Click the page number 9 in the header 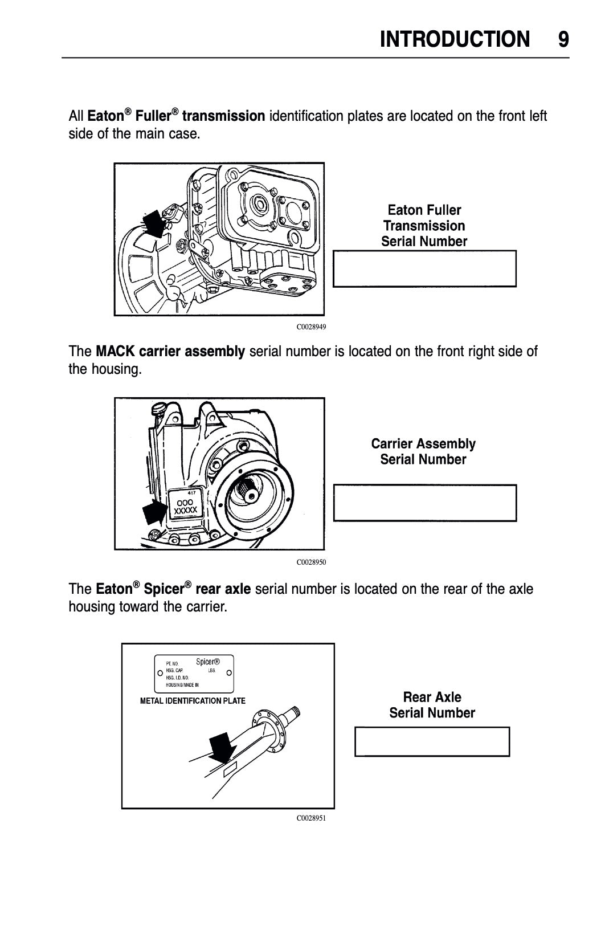point(563,39)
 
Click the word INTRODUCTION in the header point(454,39)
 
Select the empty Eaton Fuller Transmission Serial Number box point(424,268)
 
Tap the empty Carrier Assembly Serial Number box point(424,503)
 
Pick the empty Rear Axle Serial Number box point(432,741)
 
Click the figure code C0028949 point(311,327)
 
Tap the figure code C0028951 point(311,818)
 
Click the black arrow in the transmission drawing point(153,224)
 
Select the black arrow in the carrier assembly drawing point(154,512)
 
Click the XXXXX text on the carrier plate point(186,510)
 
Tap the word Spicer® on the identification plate point(207,662)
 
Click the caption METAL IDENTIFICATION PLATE point(193,701)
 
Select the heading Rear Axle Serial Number point(432,705)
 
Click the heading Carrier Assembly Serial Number point(423,451)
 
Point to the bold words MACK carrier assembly point(170,351)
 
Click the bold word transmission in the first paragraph point(224,116)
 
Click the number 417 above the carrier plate point(192,492)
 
